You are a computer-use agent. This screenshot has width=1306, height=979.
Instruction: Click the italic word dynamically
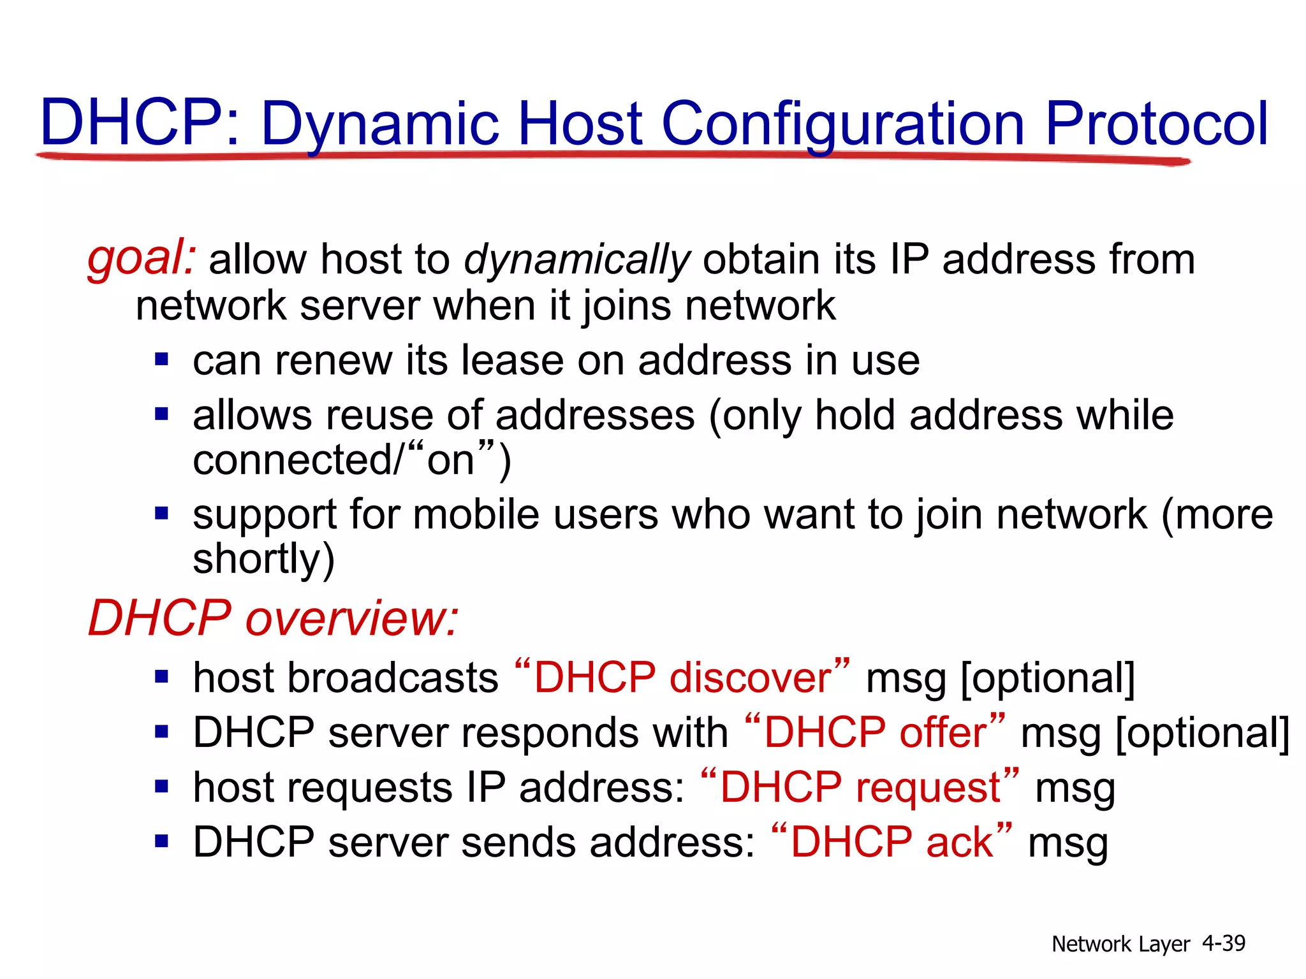click(x=576, y=260)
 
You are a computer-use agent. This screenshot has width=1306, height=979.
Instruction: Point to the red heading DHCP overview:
click(x=273, y=618)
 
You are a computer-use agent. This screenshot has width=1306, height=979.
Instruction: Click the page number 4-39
click(x=1223, y=943)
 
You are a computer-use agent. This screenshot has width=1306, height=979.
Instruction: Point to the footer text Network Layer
click(x=1120, y=944)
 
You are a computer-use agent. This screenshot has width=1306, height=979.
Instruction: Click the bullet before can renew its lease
click(x=161, y=359)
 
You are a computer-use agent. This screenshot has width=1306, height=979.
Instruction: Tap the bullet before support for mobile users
click(x=161, y=513)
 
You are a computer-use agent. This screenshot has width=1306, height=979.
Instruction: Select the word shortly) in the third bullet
click(x=263, y=559)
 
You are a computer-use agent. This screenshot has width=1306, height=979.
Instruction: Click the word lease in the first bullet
click(x=512, y=360)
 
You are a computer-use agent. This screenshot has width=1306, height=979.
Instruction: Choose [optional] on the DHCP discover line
click(x=1048, y=678)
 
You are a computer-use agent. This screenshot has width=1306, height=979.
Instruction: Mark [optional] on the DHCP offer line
click(x=1202, y=732)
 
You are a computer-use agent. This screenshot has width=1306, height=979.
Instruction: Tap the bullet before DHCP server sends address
click(x=161, y=841)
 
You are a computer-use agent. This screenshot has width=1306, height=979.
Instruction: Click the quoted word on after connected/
click(x=451, y=460)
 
